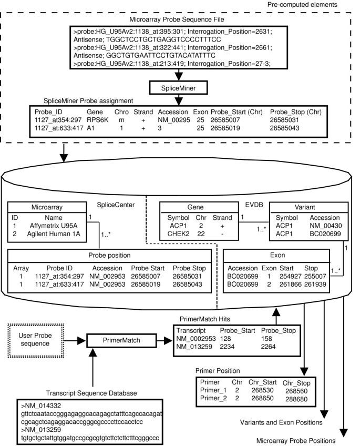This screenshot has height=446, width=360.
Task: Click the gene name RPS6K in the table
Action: coord(98,119)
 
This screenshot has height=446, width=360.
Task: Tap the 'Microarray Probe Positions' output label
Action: coord(295,440)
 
